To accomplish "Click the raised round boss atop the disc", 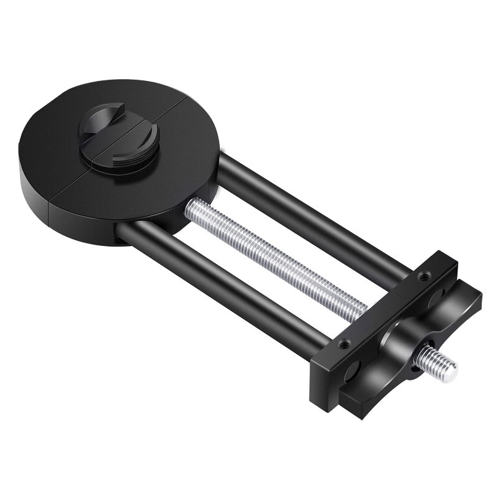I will (x=118, y=138).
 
